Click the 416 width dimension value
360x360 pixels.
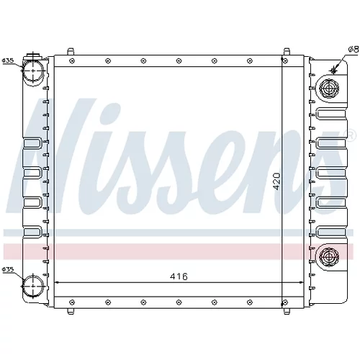click(x=179, y=276)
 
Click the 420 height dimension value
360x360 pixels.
click(x=276, y=181)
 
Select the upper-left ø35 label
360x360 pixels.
click(x=8, y=60)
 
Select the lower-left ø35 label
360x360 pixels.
click(x=8, y=269)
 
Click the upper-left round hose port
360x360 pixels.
click(x=33, y=71)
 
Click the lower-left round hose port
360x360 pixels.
click(x=33, y=286)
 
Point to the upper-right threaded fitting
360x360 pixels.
click(x=329, y=88)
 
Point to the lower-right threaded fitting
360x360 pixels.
click(x=329, y=257)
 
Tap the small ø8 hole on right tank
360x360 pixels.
click(x=333, y=70)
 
